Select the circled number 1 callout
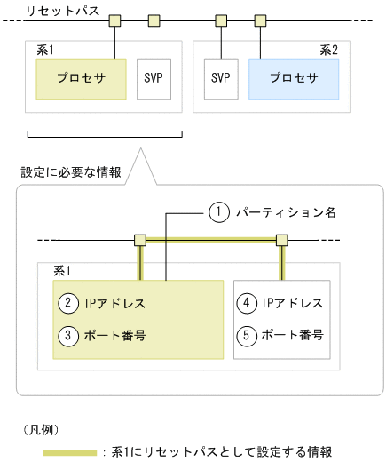218,212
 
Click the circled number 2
67,303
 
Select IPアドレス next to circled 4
291,303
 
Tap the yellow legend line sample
71,451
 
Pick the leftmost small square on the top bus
115,20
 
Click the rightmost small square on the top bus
260,20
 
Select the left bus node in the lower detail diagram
139,240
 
